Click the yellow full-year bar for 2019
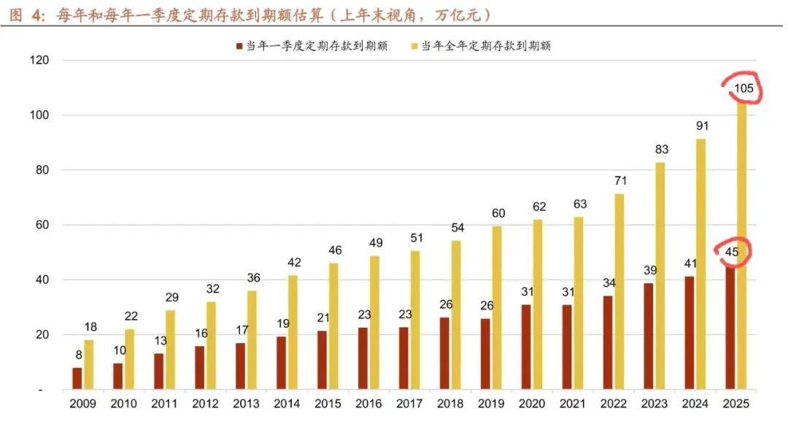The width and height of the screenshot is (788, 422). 497,307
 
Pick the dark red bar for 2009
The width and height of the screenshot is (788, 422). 77,378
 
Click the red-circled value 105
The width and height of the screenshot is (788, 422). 744,89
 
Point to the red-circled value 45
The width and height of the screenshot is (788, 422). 732,253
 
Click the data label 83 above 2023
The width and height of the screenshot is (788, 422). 662,150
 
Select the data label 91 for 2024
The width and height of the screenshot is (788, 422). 702,126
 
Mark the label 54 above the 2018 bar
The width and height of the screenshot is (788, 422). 457,228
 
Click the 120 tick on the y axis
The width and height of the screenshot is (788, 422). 39,60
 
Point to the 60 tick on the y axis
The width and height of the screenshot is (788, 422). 42,225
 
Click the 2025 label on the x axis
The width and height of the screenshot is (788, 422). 735,404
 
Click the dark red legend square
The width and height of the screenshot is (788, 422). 239,46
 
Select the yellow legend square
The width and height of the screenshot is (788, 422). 414,46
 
